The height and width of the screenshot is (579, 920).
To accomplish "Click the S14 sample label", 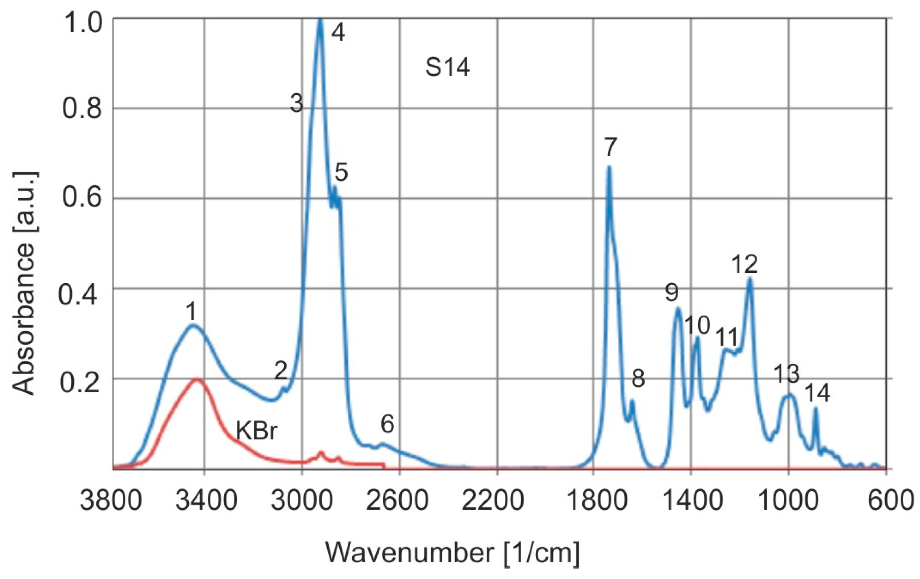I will [447, 68].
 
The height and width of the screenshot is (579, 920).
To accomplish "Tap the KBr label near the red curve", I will [256, 431].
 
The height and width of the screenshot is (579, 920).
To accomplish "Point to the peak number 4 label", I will [338, 32].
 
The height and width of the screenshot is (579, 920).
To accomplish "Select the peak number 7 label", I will [610, 147].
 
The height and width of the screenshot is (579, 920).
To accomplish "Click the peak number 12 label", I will [745, 264].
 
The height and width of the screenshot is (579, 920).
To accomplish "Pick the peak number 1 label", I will [191, 312].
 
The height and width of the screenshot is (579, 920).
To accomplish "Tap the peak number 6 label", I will [387, 424].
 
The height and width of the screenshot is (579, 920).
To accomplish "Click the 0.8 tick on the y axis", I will [82, 109].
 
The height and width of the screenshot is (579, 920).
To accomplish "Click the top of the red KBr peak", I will [197, 379].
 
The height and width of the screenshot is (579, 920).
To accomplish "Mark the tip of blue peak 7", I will [609, 167].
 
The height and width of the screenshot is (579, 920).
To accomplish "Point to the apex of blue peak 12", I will [750, 279].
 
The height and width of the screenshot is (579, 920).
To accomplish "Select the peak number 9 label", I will [672, 292].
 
